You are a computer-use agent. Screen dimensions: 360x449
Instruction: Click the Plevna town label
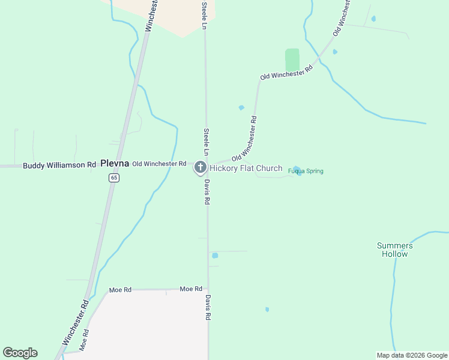[115, 163]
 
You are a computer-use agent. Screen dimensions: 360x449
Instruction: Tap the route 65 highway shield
[114, 178]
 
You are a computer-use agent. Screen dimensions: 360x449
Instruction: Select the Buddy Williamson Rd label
[59, 165]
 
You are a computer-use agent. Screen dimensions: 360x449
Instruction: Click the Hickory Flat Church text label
[246, 168]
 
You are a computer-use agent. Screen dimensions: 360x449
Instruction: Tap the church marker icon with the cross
[200, 167]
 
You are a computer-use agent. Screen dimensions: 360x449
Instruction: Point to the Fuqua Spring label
[306, 171]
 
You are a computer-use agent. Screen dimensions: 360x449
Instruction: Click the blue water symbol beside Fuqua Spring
[297, 170]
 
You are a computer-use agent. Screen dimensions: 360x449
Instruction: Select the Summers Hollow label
[395, 250]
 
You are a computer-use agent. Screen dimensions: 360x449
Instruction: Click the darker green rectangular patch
[292, 60]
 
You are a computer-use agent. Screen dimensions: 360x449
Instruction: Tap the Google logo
[20, 353]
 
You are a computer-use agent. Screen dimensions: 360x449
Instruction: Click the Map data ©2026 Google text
[412, 355]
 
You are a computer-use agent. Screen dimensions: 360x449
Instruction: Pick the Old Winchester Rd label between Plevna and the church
[159, 163]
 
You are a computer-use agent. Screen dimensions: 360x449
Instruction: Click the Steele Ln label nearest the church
[206, 139]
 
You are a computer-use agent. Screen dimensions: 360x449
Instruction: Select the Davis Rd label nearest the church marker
[206, 192]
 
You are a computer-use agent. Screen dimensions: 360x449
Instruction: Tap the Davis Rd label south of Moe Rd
[208, 307]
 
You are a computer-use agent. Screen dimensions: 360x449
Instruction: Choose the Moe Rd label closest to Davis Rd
[191, 289]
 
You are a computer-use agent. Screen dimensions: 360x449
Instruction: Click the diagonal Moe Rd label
[85, 340]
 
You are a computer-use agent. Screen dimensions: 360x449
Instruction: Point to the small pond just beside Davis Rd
[215, 256]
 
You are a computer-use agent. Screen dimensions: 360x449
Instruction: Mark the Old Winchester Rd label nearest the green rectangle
[286, 73]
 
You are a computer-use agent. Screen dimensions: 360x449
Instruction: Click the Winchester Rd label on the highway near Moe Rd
[75, 322]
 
